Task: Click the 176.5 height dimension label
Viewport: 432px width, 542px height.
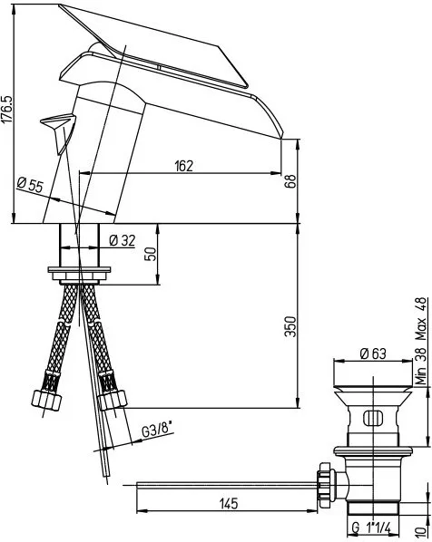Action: [x=7, y=109]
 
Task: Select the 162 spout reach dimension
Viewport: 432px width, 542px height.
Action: [x=183, y=166]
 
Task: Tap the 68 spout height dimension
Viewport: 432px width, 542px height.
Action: [x=290, y=181]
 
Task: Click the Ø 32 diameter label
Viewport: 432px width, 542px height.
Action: [x=122, y=240]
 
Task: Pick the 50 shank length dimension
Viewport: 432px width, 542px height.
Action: [x=152, y=255]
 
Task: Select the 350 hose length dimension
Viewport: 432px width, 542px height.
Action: [x=290, y=326]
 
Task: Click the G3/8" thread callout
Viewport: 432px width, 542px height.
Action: [x=158, y=430]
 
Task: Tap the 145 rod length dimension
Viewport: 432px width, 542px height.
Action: [x=229, y=504]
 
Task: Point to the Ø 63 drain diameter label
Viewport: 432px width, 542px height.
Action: [x=373, y=353]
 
